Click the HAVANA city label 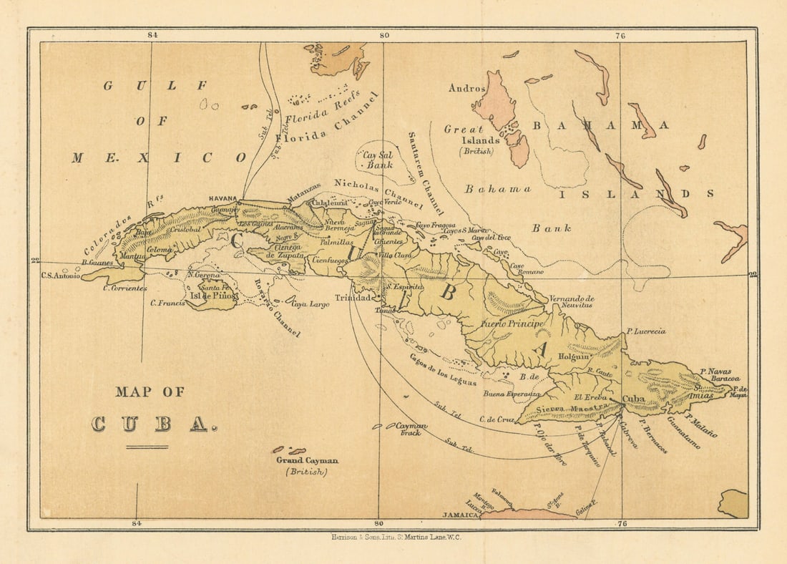[x=223, y=198]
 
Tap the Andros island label [x=466, y=88]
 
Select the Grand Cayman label [x=307, y=461]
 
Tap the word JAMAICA [x=460, y=515]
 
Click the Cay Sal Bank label [x=378, y=160]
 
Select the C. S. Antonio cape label [x=61, y=276]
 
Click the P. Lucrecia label [x=645, y=331]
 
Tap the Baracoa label [x=725, y=379]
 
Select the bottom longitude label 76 [x=621, y=524]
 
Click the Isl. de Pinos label [x=212, y=296]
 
